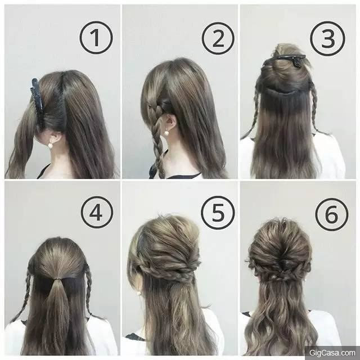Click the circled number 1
pos(96,38)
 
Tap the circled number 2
pos(218,38)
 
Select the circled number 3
pos(327,39)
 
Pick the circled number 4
pos(97,212)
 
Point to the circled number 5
pos(218,213)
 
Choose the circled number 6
pos(332,214)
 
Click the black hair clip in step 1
pos(37,99)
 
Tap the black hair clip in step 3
pos(285,60)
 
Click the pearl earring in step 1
pos(50,145)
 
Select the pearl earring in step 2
pos(165,133)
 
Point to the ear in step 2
pos(170,122)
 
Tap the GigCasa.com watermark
pos(332,353)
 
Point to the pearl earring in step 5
pos(139,293)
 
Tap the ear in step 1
pos(55,138)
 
